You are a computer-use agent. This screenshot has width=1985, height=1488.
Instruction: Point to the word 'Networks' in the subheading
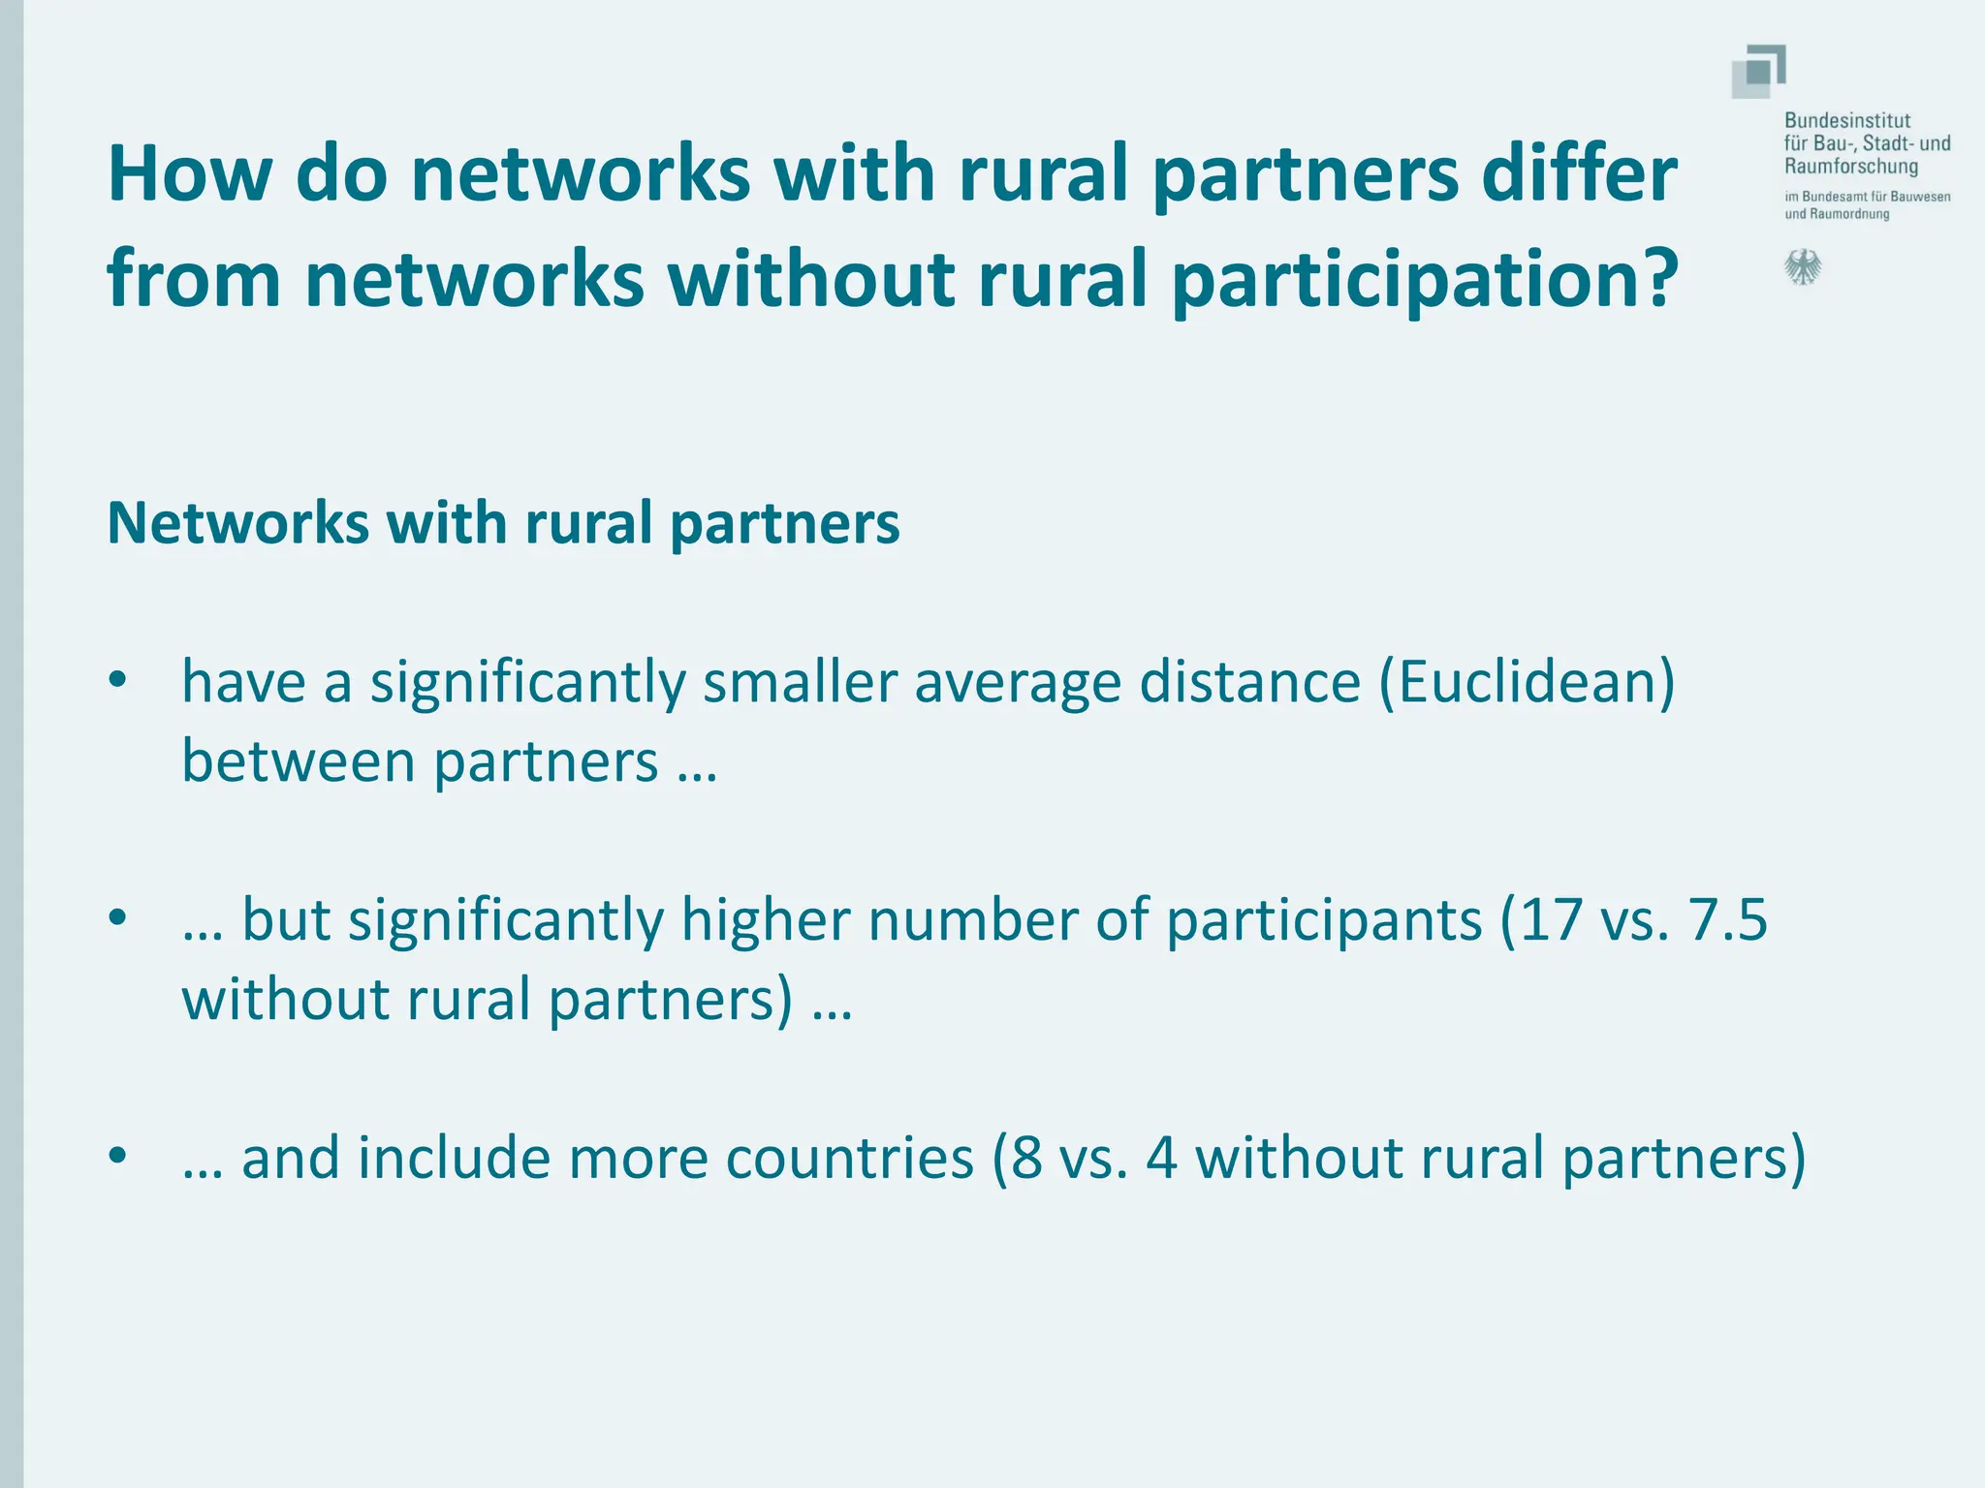click(238, 523)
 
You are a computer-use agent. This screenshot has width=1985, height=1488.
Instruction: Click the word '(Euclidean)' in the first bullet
click(1527, 682)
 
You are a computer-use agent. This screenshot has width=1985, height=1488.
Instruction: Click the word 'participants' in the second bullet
click(1324, 921)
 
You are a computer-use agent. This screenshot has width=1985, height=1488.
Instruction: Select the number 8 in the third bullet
click(1026, 1158)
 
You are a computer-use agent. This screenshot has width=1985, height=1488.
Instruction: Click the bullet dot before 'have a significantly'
click(118, 680)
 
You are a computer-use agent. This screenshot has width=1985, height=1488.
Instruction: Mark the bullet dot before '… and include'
click(118, 1155)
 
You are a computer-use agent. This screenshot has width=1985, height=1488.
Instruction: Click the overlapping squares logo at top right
click(1758, 72)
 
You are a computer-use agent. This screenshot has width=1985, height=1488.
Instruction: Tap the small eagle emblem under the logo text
click(1803, 267)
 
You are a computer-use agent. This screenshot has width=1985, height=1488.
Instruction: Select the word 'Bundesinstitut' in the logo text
click(1847, 121)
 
